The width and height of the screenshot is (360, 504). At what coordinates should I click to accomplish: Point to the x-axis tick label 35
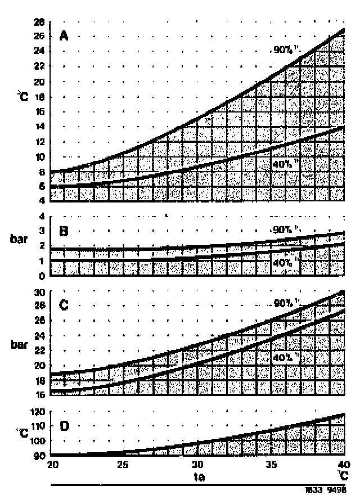pyautogui.click(x=271, y=465)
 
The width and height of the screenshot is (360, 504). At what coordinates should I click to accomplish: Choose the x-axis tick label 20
pyautogui.click(x=52, y=465)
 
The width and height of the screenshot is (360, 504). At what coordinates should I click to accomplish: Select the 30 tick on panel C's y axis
pyautogui.click(x=39, y=292)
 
